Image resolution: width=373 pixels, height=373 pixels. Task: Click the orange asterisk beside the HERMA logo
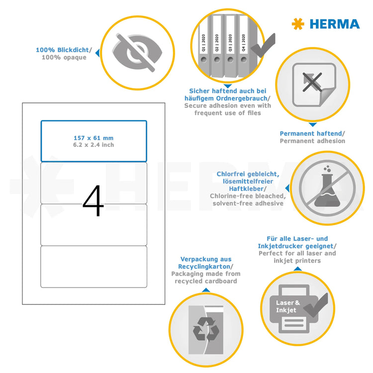[x=297, y=23]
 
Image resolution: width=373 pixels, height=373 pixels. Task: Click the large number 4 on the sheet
[x=93, y=201]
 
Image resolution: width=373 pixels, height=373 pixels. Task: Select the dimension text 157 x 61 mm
[x=93, y=138]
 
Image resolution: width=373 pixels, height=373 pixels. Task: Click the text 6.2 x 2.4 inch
[x=93, y=145]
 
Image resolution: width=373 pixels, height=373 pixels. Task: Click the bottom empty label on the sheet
[x=93, y=267]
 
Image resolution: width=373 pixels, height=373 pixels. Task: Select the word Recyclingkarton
[x=205, y=267]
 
